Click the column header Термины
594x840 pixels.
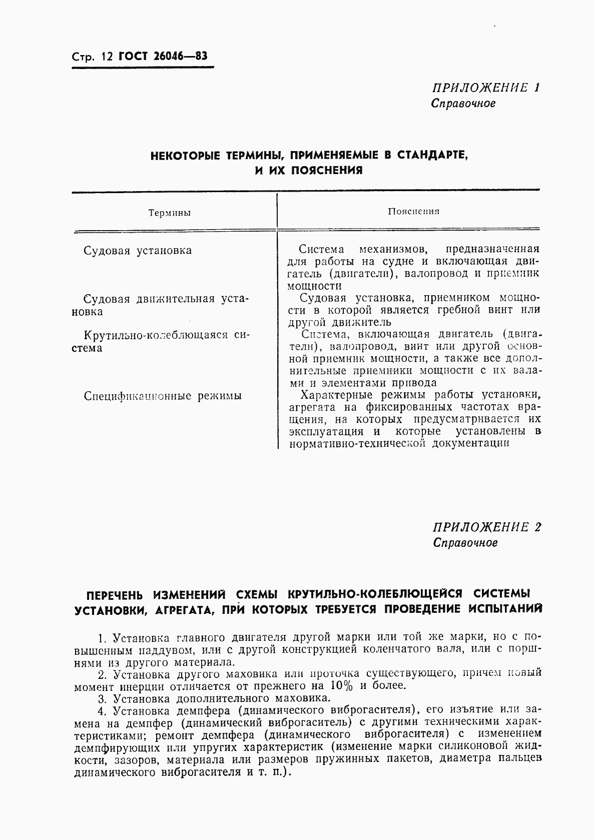tap(169, 213)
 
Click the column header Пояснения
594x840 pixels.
tap(413, 211)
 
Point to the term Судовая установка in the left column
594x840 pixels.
tap(137, 250)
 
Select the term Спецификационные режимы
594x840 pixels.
tap(163, 396)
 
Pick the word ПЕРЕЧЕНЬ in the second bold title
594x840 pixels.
tap(114, 595)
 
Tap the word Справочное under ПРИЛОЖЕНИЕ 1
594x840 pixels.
tap(463, 104)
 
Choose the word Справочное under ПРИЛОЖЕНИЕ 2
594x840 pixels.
tap(465, 543)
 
